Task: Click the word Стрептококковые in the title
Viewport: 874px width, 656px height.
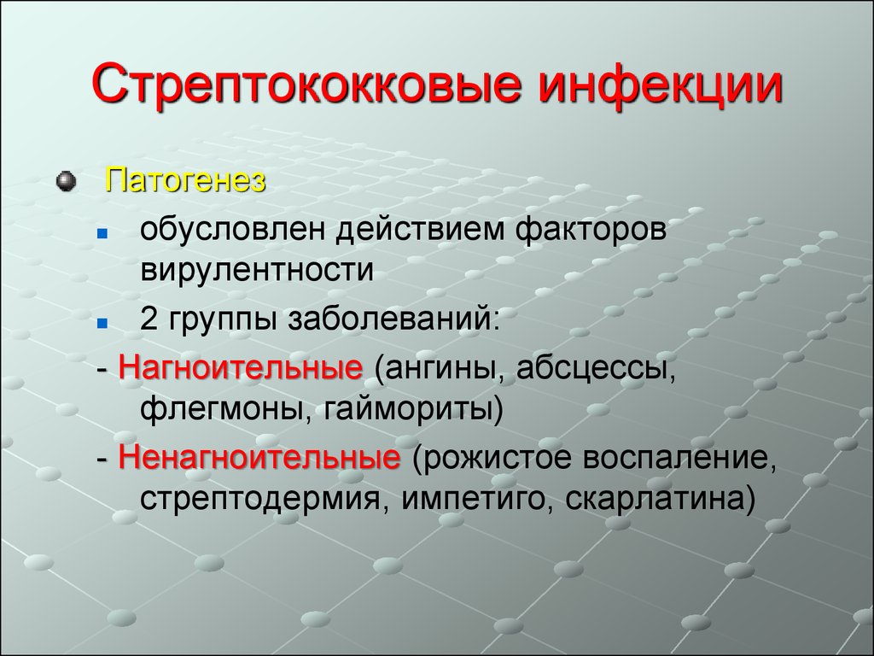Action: pos(306,85)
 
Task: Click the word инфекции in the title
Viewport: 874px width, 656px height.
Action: pos(661,85)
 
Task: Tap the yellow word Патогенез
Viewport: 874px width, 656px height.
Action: pos(185,180)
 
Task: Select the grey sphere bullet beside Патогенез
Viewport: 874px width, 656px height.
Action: pos(66,181)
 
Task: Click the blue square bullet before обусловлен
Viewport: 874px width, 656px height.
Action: pos(102,233)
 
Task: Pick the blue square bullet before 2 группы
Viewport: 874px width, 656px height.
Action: pos(102,323)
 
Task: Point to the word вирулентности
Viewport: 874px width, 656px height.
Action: pos(257,269)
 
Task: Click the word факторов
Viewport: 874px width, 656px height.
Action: pos(591,229)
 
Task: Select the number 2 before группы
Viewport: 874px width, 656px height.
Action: pos(149,319)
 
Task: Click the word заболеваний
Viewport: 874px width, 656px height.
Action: pos(393,320)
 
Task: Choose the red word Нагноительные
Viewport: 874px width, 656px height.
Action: pos(241,368)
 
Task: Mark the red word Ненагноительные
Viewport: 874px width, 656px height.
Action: pos(259,458)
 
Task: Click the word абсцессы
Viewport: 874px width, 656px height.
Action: pos(596,369)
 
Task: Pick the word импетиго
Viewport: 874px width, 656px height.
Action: pos(479,498)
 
